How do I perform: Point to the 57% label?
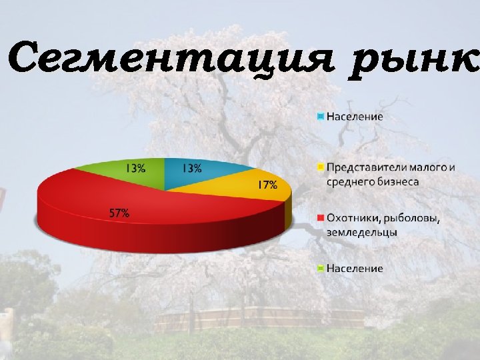tap(119, 213)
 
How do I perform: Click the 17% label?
tap(267, 185)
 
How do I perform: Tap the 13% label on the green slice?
tap(135, 168)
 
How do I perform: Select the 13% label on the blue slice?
tap(191, 168)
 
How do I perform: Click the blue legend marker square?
tap(320, 116)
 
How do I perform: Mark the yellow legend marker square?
tap(320, 167)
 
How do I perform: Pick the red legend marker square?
tap(320, 218)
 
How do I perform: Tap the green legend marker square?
tap(320, 268)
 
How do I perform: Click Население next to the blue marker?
tap(355, 116)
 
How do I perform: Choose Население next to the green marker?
tap(355, 268)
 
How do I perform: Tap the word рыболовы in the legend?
tap(412, 219)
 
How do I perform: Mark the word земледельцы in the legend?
tap(362, 232)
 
